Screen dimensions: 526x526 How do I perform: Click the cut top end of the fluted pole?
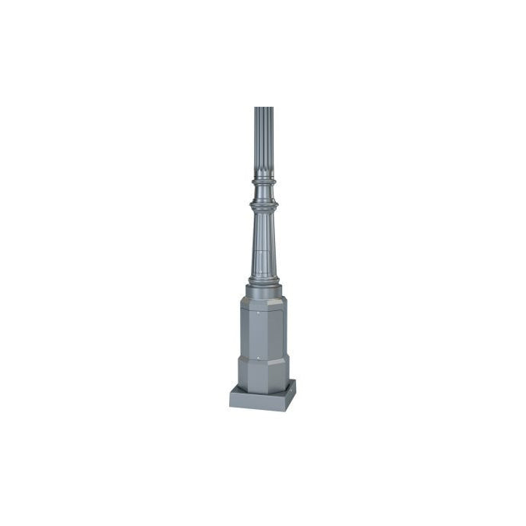point(263,108)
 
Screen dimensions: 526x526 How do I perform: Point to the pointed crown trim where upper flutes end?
point(263,175)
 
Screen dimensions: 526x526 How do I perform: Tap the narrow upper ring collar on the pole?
point(263,182)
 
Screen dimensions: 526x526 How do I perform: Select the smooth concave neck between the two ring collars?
point(263,193)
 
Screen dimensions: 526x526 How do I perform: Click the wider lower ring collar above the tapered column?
point(263,205)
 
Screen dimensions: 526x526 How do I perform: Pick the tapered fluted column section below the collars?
point(263,242)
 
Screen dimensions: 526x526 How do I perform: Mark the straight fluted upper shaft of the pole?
point(263,140)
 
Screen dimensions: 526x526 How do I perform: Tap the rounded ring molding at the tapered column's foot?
point(263,280)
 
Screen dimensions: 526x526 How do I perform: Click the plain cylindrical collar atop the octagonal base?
point(263,292)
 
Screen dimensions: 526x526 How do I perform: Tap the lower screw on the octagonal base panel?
point(254,356)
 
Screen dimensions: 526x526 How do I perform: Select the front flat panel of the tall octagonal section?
point(263,331)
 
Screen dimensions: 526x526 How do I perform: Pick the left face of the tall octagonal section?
point(243,331)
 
